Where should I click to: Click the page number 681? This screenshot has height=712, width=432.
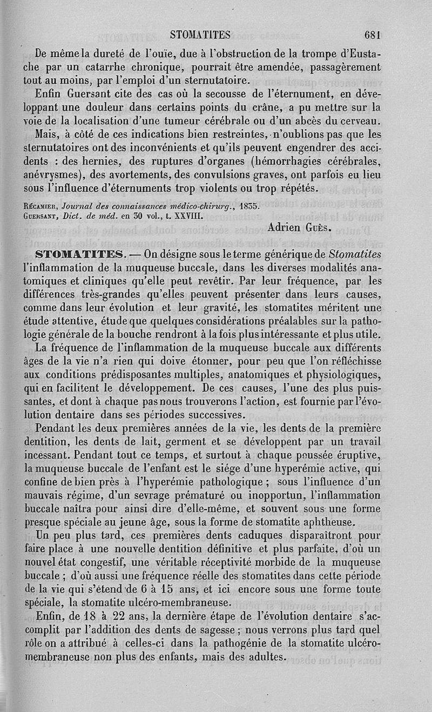[373, 36]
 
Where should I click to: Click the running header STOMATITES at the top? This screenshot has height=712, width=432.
[200, 36]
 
